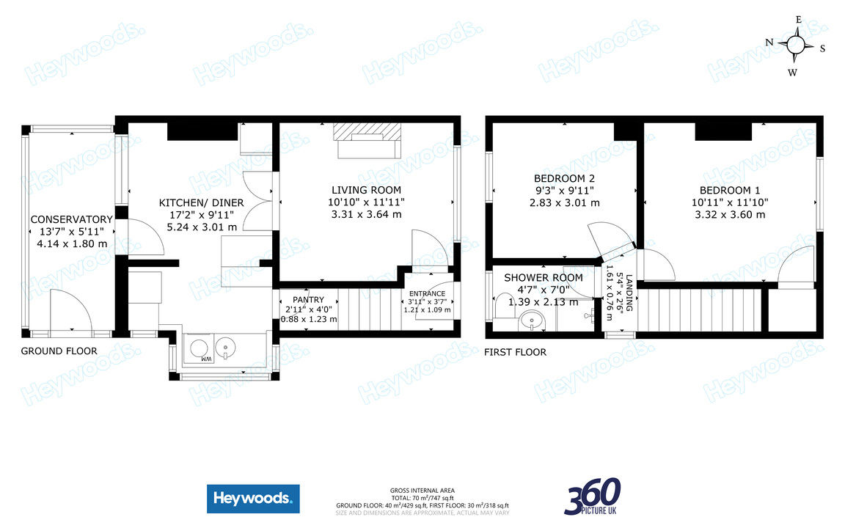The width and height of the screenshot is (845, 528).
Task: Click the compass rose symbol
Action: pos(796,45)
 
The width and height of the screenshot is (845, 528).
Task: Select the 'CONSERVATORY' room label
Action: pos(71,219)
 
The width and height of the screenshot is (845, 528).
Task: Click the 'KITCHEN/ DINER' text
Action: pos(202,203)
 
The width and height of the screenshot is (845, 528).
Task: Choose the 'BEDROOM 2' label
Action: pos(564,178)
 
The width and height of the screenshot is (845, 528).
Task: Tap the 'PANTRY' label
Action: pos(308,300)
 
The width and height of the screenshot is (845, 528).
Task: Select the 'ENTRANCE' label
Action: pos(427,293)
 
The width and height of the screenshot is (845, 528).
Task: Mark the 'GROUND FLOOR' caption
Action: pos(59,351)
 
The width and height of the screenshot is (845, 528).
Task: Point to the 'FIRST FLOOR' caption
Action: pos(515,352)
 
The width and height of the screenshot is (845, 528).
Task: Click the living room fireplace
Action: pos(367,139)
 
